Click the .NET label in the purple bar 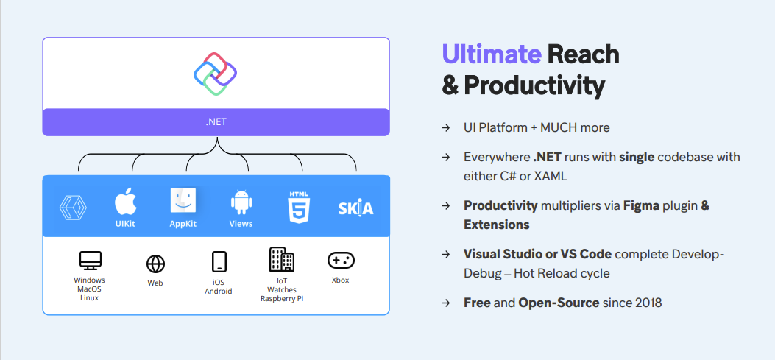[216, 122]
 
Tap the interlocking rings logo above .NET [215, 73]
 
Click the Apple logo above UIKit [126, 201]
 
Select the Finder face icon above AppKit [183, 201]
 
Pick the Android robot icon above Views [241, 202]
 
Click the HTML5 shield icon [299, 207]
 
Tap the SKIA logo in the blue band [355, 208]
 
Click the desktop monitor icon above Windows [90, 261]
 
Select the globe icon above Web [155, 264]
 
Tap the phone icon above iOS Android [219, 262]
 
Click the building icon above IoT [282, 259]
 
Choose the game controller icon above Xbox [341, 260]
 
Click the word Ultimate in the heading [491, 54]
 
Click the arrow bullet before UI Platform [445, 128]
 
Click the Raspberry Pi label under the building [282, 300]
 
